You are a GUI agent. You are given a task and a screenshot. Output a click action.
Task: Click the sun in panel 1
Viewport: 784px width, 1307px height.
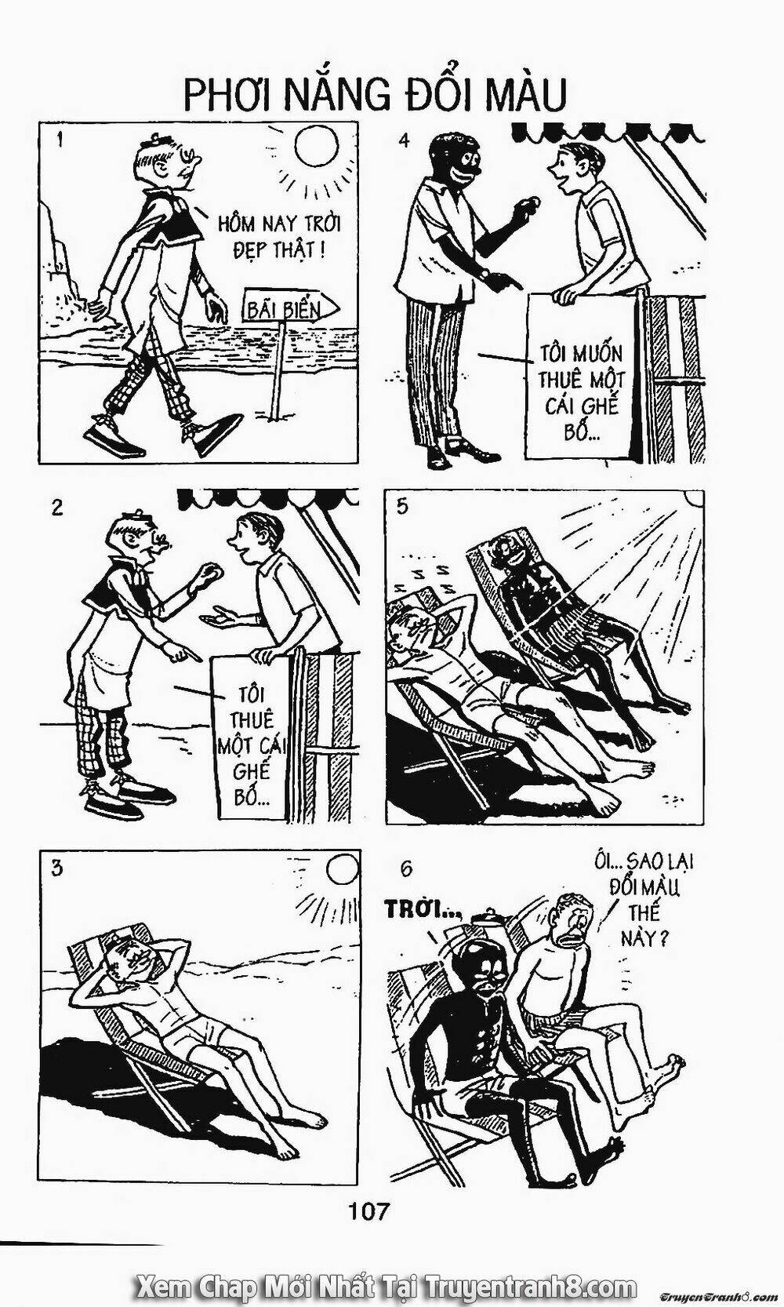point(316,146)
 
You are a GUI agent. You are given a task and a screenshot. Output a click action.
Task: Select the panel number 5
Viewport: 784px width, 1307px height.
point(403,507)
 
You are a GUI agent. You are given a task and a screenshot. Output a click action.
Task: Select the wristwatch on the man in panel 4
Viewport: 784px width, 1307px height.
point(483,272)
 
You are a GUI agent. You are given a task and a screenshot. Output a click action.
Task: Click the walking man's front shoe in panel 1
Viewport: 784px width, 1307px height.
point(217,434)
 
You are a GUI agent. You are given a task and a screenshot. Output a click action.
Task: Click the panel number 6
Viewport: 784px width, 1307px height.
point(405,868)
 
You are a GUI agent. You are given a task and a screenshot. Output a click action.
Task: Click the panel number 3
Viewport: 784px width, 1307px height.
point(56,868)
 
